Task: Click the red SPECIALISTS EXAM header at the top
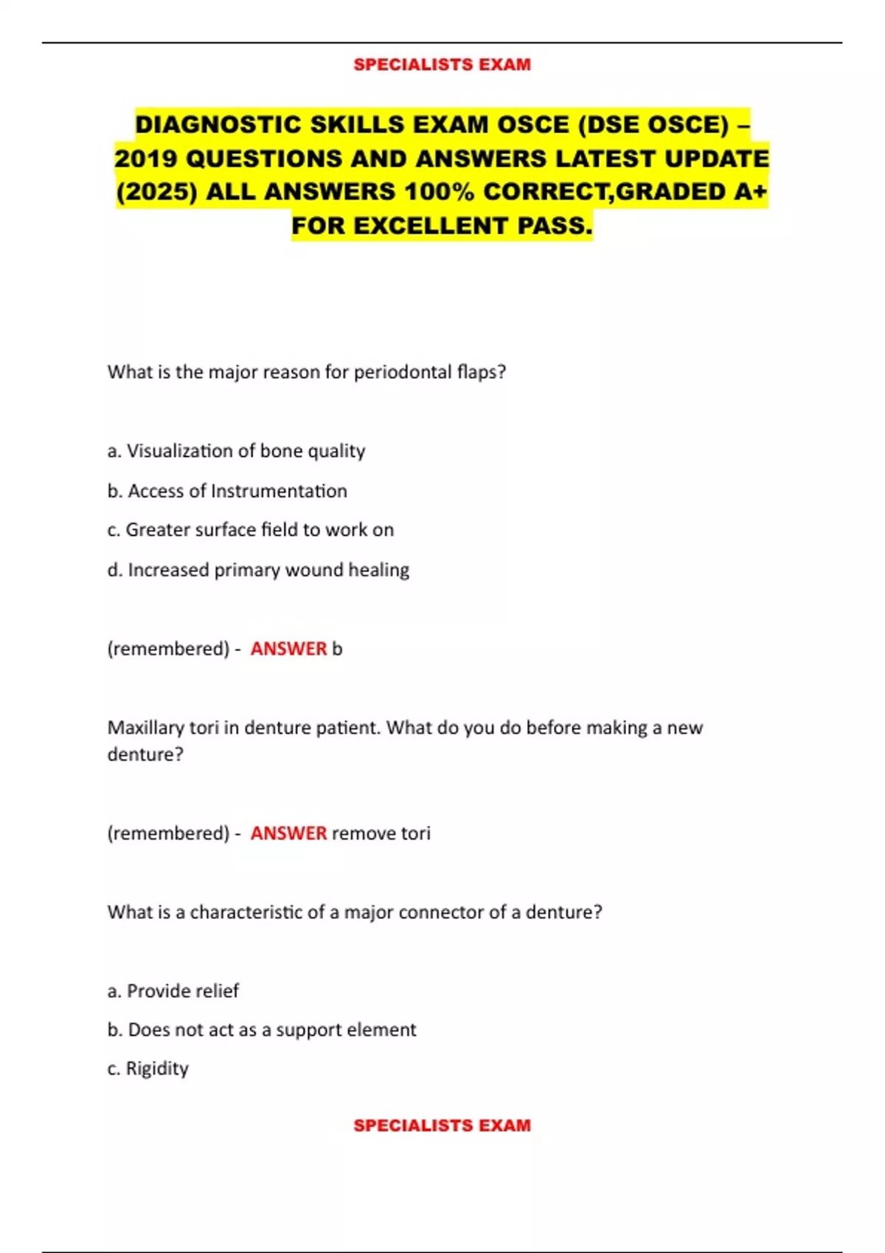coord(442,65)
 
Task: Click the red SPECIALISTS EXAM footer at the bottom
coord(442,1125)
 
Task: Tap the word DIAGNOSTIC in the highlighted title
coord(218,125)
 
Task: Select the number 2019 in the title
coord(146,158)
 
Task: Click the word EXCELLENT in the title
coord(431,226)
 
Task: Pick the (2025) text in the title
coord(157,192)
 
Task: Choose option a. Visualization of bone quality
coord(236,451)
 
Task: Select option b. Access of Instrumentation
coord(227,491)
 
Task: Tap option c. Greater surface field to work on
coord(251,530)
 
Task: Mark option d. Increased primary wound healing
coord(258,570)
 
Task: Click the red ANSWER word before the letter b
coord(288,649)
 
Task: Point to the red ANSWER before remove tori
coord(288,833)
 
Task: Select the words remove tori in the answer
coord(381,834)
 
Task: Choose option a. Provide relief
coord(173,991)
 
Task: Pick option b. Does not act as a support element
coord(262,1030)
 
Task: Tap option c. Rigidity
coord(148,1069)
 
